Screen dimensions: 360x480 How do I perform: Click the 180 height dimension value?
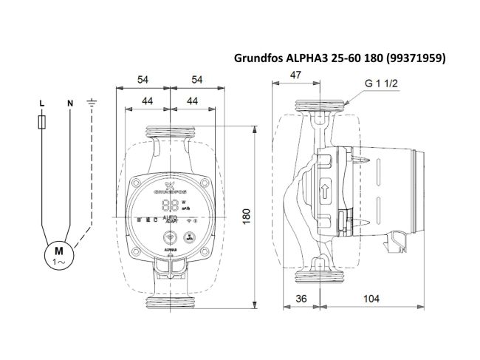247,215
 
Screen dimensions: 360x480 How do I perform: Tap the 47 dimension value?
295,75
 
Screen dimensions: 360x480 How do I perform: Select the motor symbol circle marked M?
57,254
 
